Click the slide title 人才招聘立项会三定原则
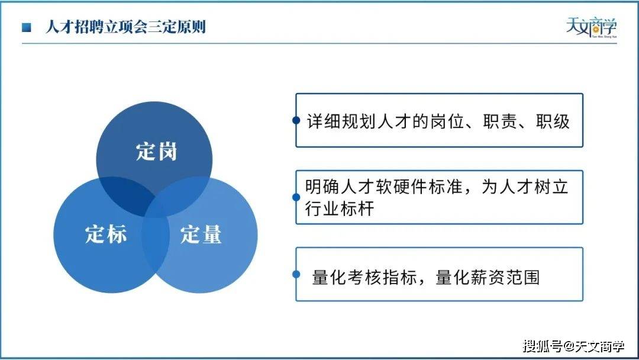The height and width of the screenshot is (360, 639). tap(125, 27)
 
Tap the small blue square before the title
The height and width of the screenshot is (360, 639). tap(27, 27)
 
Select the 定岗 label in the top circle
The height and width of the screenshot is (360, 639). tap(156, 151)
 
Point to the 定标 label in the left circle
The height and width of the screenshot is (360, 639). tap(106, 234)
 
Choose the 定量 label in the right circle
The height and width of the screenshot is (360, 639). tap(201, 234)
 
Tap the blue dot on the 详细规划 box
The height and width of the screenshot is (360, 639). tap(296, 120)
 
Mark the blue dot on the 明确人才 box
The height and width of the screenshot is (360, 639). tap(296, 197)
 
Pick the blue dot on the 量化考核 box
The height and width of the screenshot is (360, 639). tap(296, 274)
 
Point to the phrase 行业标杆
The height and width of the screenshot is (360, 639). tap(340, 209)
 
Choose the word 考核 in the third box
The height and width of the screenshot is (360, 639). tap(364, 277)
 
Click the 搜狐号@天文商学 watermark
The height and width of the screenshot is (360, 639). tap(574, 346)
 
